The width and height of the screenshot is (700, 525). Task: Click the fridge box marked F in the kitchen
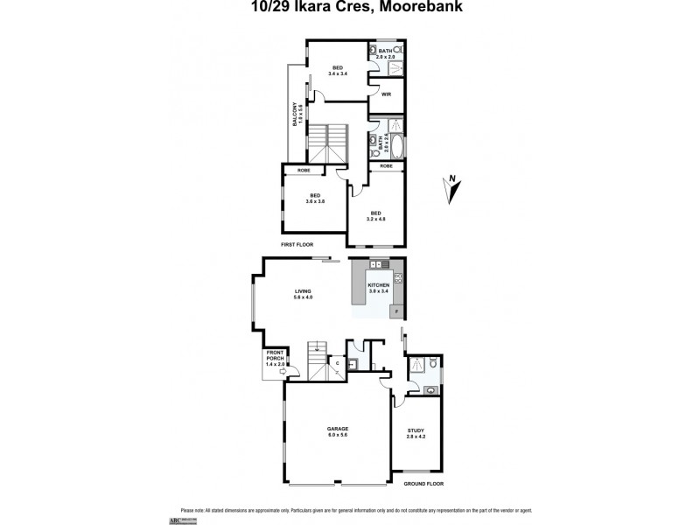(397, 312)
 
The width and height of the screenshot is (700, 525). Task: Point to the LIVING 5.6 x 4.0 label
(303, 294)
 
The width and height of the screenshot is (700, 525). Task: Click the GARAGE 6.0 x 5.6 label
(338, 430)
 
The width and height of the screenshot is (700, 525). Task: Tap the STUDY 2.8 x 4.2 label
(416, 433)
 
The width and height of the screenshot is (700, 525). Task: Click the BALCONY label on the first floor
(298, 118)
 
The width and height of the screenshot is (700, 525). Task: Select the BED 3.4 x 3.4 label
(338, 71)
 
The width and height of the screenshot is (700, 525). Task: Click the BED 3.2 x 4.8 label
(376, 215)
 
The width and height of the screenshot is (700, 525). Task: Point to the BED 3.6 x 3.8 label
(315, 198)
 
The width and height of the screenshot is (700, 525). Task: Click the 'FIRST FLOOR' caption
(297, 245)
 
